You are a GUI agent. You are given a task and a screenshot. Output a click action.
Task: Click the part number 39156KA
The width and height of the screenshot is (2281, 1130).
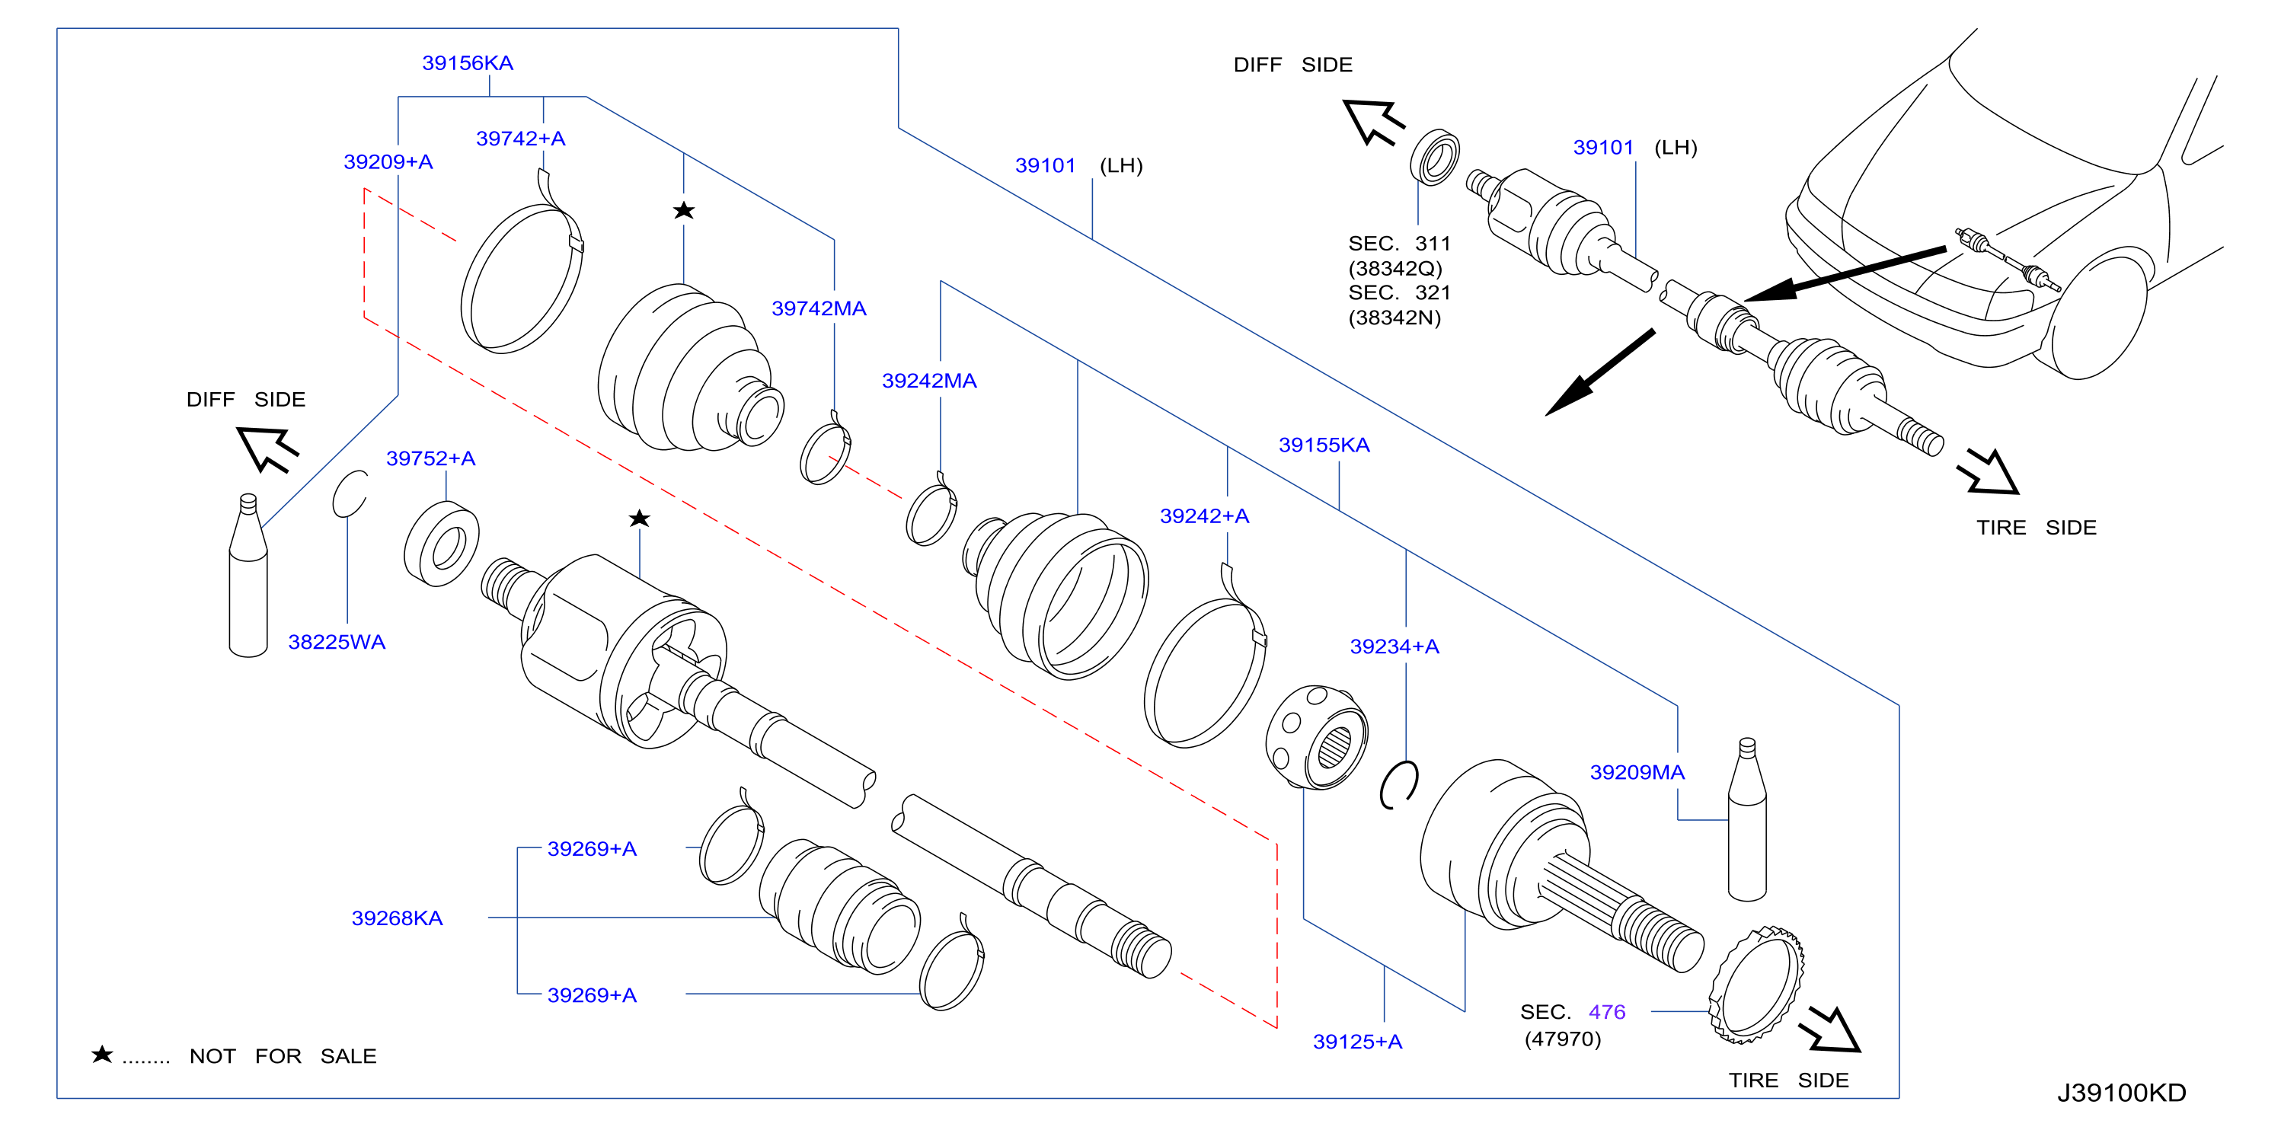468,63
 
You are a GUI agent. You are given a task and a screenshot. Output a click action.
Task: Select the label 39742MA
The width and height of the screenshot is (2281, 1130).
819,308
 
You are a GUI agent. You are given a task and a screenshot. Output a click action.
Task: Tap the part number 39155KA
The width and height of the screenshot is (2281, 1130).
1324,445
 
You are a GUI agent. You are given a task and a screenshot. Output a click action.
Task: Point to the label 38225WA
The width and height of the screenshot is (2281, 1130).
337,642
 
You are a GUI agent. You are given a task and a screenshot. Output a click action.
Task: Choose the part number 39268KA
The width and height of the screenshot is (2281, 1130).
397,918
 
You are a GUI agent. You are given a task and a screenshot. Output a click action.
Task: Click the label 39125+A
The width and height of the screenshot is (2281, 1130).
1357,1042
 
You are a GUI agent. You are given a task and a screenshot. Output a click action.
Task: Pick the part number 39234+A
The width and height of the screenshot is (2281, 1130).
1394,646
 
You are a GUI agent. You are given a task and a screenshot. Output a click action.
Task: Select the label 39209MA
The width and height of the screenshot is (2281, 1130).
1637,772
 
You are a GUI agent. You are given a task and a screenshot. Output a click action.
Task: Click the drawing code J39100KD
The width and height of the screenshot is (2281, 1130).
2122,1093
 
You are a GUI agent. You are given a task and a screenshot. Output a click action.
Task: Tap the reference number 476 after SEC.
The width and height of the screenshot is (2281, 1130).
1607,1011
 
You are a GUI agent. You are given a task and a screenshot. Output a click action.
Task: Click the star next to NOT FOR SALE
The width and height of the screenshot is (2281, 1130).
103,1054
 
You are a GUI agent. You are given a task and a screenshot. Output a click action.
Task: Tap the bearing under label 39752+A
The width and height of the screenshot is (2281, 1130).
442,544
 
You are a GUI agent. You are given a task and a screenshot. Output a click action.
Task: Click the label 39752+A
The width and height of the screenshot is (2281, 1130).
430,458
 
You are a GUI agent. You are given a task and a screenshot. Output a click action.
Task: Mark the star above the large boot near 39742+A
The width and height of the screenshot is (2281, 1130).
684,211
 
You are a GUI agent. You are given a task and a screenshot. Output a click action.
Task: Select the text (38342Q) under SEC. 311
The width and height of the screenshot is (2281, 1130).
1394,268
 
